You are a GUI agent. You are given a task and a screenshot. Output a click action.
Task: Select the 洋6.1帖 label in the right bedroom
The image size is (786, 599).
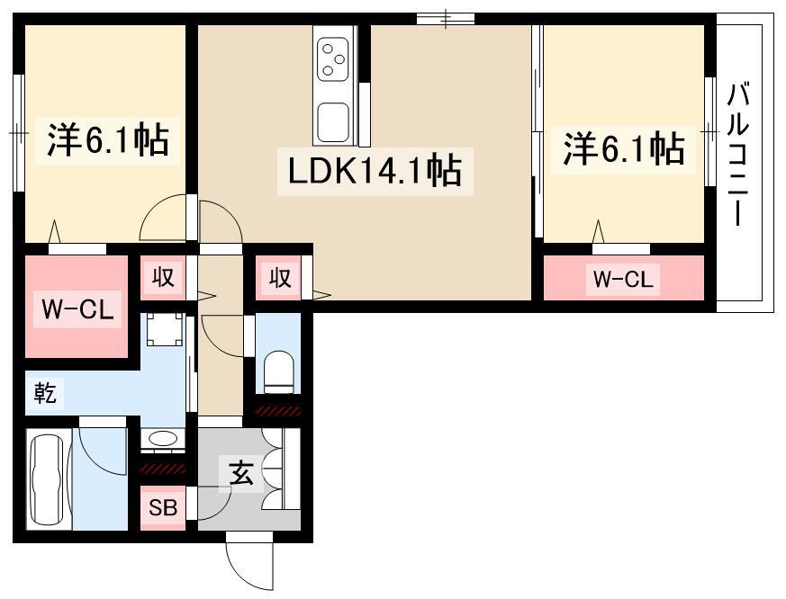click(623, 148)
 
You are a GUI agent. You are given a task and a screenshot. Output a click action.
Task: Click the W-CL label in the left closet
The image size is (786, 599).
click(77, 310)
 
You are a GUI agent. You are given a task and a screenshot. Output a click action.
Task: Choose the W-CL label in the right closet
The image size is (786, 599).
click(621, 280)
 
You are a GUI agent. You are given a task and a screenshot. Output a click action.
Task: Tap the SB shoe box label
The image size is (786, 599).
click(163, 508)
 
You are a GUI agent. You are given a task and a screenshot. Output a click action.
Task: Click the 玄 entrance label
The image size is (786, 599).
click(239, 473)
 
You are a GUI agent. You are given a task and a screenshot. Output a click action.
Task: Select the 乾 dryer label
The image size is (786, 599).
click(45, 393)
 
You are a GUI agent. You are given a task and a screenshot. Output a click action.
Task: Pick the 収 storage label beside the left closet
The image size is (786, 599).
click(163, 278)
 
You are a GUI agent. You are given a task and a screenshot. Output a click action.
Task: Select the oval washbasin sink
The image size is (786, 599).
click(162, 439)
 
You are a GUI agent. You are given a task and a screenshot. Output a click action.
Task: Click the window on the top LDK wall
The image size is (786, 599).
click(445, 18)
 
